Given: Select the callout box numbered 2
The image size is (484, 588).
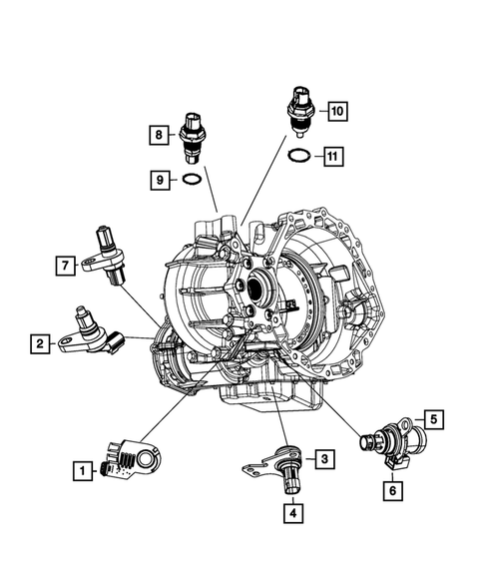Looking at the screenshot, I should (x=39, y=344).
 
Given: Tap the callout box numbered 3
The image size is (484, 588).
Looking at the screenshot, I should (x=324, y=459).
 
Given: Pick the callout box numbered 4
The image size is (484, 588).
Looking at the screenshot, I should (x=291, y=513).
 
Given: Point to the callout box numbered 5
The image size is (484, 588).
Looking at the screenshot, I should (x=433, y=419).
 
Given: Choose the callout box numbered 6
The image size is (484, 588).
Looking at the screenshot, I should (x=393, y=489).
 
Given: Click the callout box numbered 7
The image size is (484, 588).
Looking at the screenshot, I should (x=63, y=265).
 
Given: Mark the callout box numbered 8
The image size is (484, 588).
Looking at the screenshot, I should (x=157, y=133).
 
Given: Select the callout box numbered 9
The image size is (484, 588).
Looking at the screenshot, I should (x=158, y=180).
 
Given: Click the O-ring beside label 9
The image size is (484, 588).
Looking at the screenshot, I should (x=193, y=180).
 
